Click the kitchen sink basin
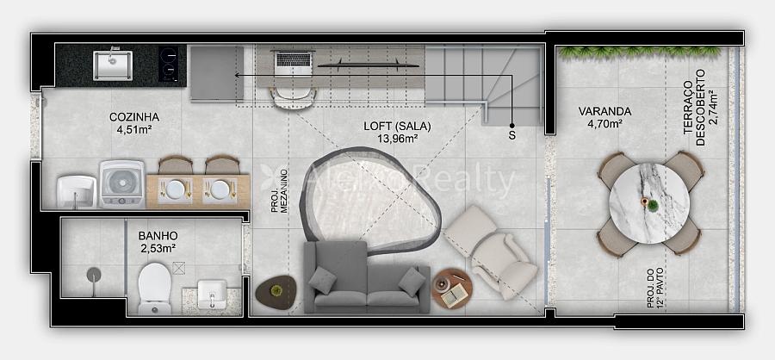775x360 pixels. coord(113,65)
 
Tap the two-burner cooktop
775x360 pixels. coord(169,65)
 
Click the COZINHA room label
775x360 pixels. coord(134,117)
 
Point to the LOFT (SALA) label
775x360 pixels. coord(397,126)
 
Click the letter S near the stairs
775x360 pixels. coord(512,135)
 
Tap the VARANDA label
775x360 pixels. coord(604,112)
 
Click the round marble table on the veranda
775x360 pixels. coord(649,203)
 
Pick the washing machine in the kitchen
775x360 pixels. coord(122,184)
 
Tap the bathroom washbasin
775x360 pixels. coord(212,294)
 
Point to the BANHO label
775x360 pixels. coord(158,236)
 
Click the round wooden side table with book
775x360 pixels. coord(452,289)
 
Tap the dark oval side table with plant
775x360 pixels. coord(276,293)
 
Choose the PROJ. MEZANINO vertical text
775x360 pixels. coord(280,191)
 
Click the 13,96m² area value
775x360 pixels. coord(397,138)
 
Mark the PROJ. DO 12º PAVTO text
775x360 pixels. coord(655,288)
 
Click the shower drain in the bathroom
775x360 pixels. coord(93,275)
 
